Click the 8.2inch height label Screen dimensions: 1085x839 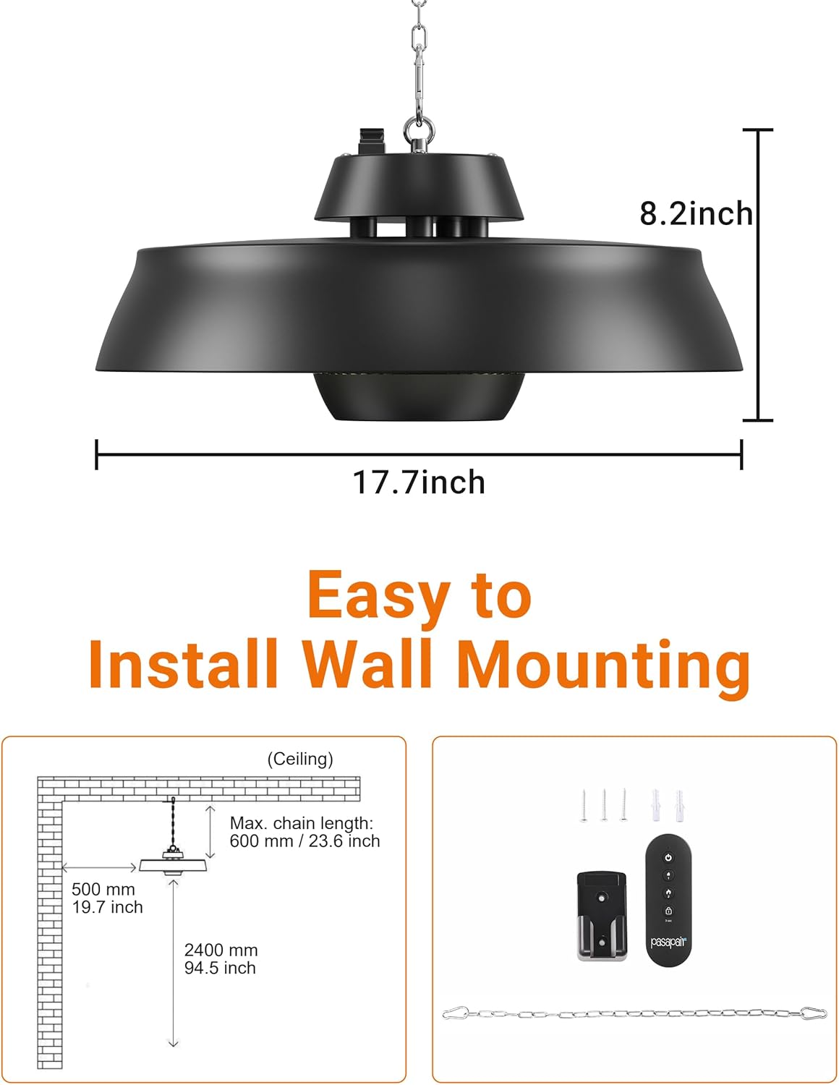[x=696, y=214]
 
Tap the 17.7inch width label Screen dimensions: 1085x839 [x=419, y=482]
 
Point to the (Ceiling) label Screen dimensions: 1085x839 [x=300, y=759]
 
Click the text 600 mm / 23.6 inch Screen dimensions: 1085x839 [x=304, y=841]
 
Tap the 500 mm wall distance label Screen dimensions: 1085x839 [x=103, y=889]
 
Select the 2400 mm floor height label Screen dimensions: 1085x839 [x=221, y=950]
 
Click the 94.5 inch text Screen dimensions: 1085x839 [x=220, y=968]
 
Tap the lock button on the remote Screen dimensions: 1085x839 [x=668, y=910]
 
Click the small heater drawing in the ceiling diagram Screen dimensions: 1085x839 [x=175, y=865]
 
